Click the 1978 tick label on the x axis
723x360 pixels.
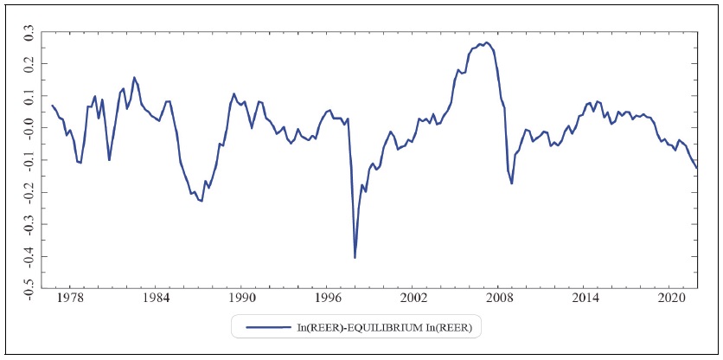(70, 298)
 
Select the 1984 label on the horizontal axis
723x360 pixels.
(156, 298)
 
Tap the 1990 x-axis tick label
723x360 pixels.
(241, 298)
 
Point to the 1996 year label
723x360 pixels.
(327, 298)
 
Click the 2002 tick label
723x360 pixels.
(413, 298)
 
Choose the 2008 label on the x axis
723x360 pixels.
(499, 298)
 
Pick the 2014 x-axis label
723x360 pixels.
(585, 298)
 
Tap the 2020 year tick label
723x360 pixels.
(670, 298)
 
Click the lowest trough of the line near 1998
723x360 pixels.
(355, 257)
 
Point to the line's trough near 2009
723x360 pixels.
(512, 183)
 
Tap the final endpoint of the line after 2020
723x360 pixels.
(697, 168)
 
